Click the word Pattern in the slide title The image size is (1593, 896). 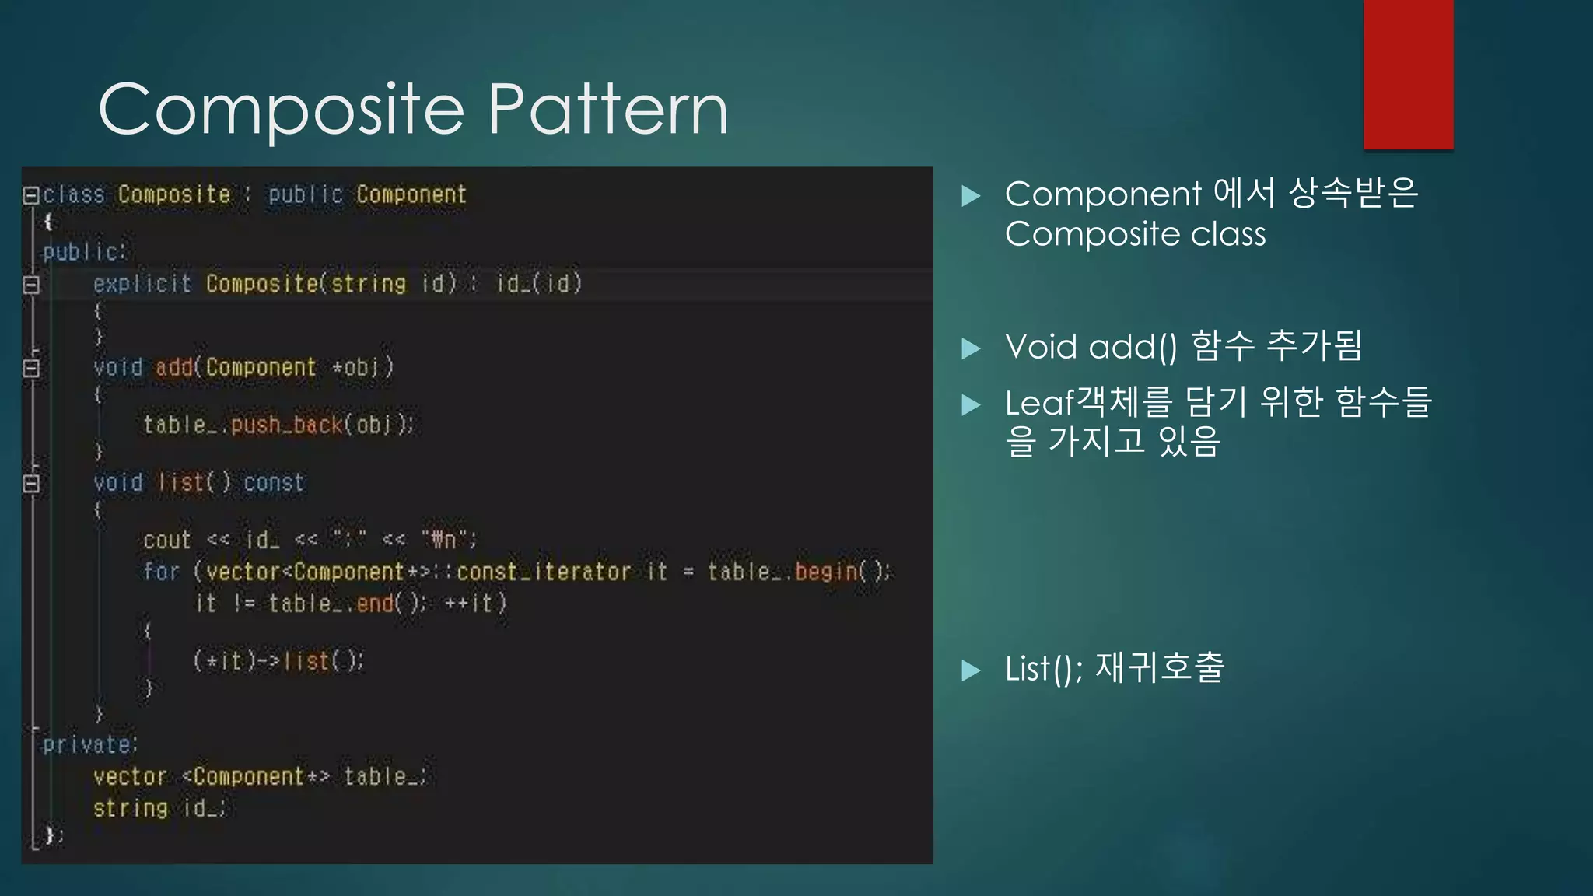pos(608,109)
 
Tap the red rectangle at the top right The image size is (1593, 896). pos(1408,74)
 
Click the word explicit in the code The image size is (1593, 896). pos(142,284)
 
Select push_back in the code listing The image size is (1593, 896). pos(286,425)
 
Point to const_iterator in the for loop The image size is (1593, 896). pos(544,572)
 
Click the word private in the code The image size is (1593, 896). pos(87,745)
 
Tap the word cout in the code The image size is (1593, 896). pos(167,540)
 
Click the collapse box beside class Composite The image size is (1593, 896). pos(31,194)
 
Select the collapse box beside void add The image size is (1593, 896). pos(31,367)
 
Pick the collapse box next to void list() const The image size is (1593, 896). pos(31,483)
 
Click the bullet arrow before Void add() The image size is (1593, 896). pos(971,348)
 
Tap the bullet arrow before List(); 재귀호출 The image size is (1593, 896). pos(971,670)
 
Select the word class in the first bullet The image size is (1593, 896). pos(1228,234)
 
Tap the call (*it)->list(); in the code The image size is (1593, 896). pos(278,661)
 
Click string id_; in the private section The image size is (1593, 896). pos(159,809)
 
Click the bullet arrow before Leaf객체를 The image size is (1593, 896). pos(971,404)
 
